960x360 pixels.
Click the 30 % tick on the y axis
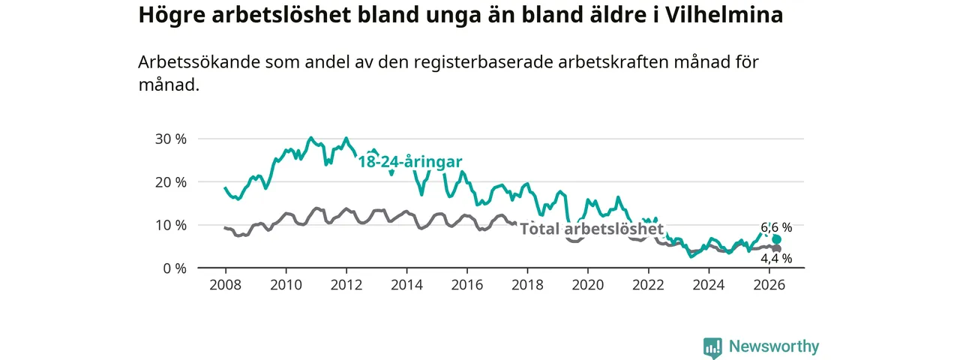[x=170, y=139]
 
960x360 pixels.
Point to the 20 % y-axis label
[x=170, y=182]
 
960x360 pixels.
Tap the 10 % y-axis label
[x=170, y=226]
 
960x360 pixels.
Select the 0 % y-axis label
[x=175, y=268]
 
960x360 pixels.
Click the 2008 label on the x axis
[x=226, y=285]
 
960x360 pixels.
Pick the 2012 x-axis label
[x=346, y=285]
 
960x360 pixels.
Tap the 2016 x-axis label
[x=467, y=285]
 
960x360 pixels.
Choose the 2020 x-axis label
[x=588, y=285]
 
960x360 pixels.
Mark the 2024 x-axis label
[x=709, y=285]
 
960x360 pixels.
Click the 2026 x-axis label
[x=769, y=285]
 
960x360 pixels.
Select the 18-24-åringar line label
[x=410, y=162]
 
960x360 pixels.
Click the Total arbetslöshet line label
[x=592, y=229]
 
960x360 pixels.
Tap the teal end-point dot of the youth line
[x=776, y=239]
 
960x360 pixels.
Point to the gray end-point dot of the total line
[x=776, y=249]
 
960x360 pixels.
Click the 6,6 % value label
[x=776, y=227]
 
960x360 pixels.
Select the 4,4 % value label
[x=776, y=259]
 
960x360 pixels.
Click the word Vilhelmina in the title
[x=724, y=15]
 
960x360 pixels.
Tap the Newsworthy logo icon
[x=712, y=347]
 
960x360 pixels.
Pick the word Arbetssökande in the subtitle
[x=199, y=62]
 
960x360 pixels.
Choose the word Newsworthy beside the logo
[x=774, y=346]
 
